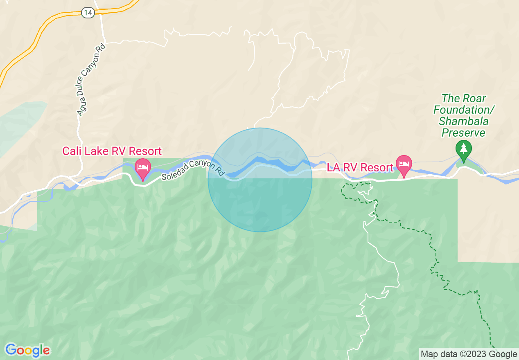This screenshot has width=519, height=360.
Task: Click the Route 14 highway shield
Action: (x=88, y=13)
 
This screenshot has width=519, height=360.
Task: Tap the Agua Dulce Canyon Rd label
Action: (x=91, y=80)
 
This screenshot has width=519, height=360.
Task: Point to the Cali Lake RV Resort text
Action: (x=112, y=151)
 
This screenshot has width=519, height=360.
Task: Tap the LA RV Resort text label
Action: (x=360, y=168)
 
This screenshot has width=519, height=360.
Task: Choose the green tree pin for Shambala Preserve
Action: (x=464, y=151)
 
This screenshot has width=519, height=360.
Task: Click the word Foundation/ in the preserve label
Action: (x=464, y=110)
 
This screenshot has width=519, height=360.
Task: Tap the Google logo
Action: (x=28, y=350)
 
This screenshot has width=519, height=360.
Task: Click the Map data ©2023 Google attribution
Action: (x=469, y=354)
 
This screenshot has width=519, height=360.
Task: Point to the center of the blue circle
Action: (x=260, y=180)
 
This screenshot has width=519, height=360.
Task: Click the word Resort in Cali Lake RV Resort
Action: (x=147, y=151)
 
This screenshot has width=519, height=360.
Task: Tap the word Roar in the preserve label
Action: (x=475, y=99)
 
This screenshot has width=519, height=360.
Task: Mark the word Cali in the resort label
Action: (x=70, y=151)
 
